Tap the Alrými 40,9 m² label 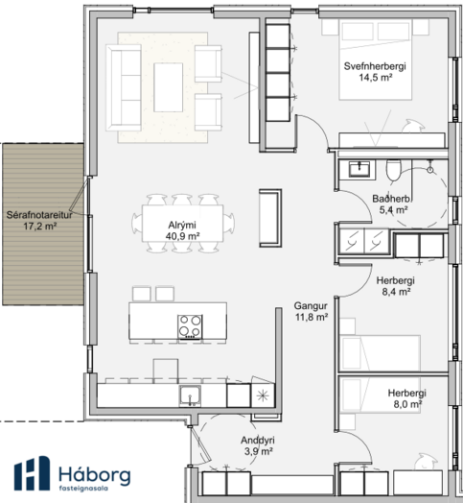pyautogui.click(x=183, y=230)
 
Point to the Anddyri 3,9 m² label pyautogui.click(x=258, y=445)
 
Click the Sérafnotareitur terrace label pyautogui.click(x=39, y=221)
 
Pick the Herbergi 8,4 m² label pyautogui.click(x=396, y=286)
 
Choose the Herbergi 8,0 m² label pyautogui.click(x=407, y=398)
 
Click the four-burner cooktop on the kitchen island pyautogui.click(x=190, y=327)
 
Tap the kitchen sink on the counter pyautogui.click(x=191, y=395)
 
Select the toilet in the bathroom pyautogui.click(x=393, y=170)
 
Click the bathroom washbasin pyautogui.click(x=359, y=169)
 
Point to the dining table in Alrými pyautogui.click(x=183, y=224)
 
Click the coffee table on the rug pyautogui.click(x=168, y=87)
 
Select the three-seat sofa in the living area pyautogui.click(x=124, y=87)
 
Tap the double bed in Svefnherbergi pyautogui.click(x=375, y=60)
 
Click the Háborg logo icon pyautogui.click(x=32, y=473)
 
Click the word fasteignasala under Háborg pyautogui.click(x=83, y=489)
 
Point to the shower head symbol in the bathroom pyautogui.click(x=430, y=170)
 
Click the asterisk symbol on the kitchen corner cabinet pyautogui.click(x=263, y=395)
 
